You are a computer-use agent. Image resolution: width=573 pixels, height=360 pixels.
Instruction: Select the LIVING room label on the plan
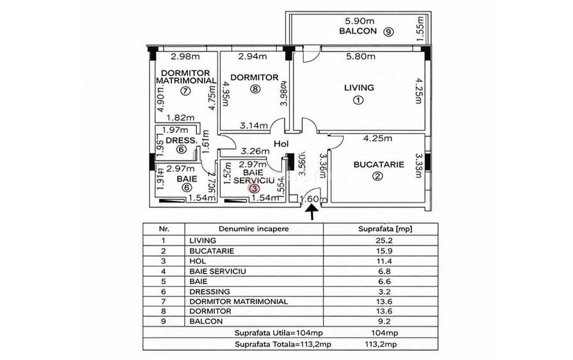[x=359, y=88]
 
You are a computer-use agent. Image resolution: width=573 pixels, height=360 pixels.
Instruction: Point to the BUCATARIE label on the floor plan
[x=379, y=164]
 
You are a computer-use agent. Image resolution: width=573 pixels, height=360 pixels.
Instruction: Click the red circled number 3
[x=254, y=189]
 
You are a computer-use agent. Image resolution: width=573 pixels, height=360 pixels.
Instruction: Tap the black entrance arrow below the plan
[x=312, y=214]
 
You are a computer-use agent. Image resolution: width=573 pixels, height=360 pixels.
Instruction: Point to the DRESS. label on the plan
[x=180, y=141]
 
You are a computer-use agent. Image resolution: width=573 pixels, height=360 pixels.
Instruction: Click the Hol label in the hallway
[x=282, y=145]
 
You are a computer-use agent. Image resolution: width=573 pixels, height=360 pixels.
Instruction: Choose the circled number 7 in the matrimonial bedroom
[x=185, y=91]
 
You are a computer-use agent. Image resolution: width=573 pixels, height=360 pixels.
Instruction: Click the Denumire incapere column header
[x=253, y=228]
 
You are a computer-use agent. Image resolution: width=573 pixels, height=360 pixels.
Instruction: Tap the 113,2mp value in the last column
[x=380, y=343]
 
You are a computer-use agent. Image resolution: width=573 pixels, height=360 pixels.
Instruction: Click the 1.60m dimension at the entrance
[x=309, y=198]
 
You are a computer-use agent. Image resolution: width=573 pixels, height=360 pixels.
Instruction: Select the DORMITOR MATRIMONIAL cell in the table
[x=239, y=301]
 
